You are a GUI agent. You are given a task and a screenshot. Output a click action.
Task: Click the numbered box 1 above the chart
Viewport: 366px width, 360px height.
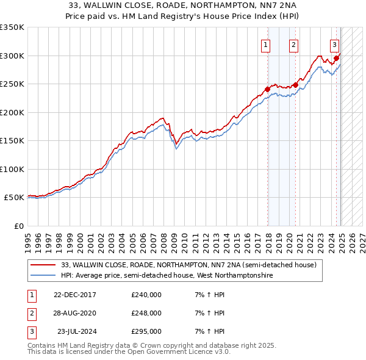click(267, 44)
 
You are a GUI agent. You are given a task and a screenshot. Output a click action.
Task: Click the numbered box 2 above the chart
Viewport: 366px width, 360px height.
click(293, 44)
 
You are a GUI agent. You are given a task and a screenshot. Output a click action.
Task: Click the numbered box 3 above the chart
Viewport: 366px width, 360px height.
click(335, 44)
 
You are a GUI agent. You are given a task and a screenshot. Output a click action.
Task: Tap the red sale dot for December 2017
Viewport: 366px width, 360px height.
click(267, 90)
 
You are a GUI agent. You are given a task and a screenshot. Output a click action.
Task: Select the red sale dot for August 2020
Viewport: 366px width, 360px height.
click(296, 85)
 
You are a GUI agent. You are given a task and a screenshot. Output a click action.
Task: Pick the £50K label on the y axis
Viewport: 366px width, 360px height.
click(14, 198)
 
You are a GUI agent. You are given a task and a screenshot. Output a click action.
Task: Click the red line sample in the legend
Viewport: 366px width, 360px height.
click(44, 265)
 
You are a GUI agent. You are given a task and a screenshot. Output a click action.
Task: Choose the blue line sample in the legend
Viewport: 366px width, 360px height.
click(44, 276)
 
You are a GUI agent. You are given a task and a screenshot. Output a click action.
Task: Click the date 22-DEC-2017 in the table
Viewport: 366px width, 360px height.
click(75, 295)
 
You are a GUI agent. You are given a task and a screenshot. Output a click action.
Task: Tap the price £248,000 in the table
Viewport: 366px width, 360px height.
click(146, 314)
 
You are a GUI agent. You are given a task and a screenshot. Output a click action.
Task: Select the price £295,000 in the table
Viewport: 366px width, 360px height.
click(146, 332)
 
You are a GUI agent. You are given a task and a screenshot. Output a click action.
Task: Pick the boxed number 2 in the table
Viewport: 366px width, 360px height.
click(32, 314)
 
